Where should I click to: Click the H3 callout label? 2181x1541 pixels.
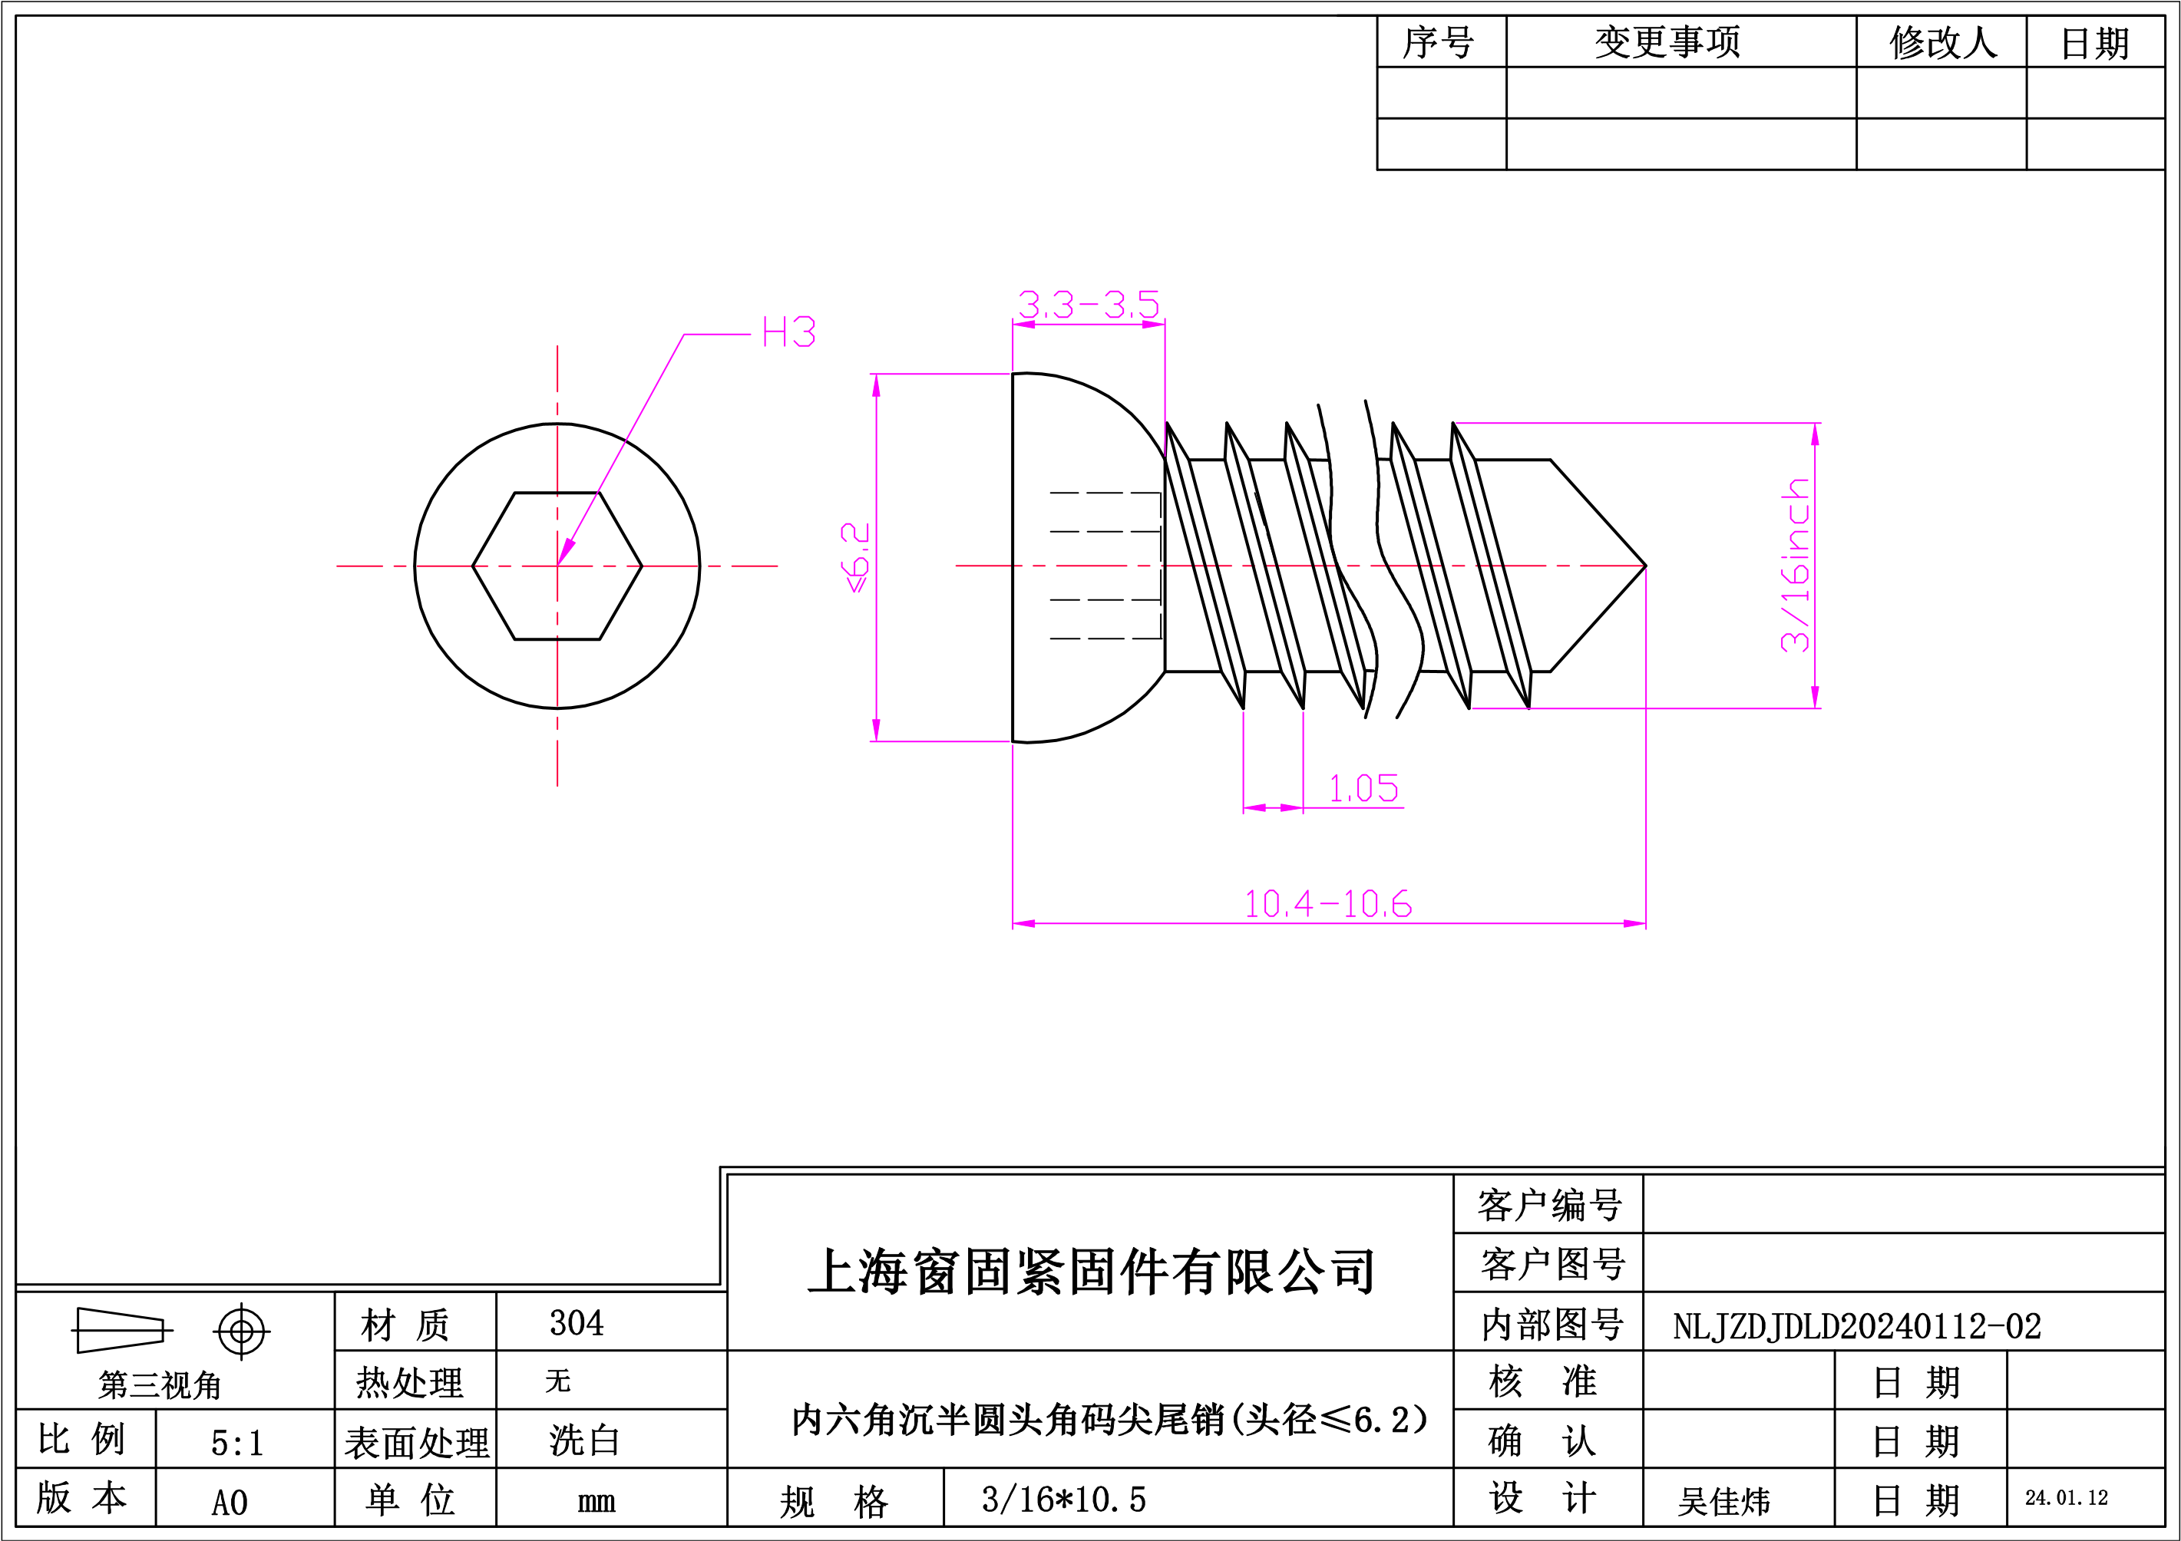tap(788, 332)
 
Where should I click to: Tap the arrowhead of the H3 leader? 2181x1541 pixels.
tap(565, 552)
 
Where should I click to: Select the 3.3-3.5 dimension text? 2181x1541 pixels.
tap(1089, 305)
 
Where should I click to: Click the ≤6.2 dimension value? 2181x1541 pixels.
tap(855, 557)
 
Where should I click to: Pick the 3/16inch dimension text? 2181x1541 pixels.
tap(1796, 565)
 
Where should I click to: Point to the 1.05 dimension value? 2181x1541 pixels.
tap(1363, 788)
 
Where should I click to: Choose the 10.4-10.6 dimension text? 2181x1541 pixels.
tap(1327, 904)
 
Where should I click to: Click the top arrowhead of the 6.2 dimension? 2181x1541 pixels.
tap(876, 385)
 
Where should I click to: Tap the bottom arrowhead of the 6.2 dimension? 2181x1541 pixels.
tap(876, 730)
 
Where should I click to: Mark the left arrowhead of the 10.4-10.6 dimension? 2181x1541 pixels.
tap(1024, 923)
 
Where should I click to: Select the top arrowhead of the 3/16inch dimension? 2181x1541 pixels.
tap(1816, 435)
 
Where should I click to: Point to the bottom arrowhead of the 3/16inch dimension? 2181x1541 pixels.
tap(1816, 697)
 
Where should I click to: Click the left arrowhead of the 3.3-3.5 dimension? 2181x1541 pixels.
tap(1024, 325)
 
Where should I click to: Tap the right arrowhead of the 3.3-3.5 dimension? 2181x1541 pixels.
tap(1153, 325)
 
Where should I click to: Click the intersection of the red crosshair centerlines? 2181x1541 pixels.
tap(557, 566)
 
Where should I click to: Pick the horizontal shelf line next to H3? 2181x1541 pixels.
tap(717, 334)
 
